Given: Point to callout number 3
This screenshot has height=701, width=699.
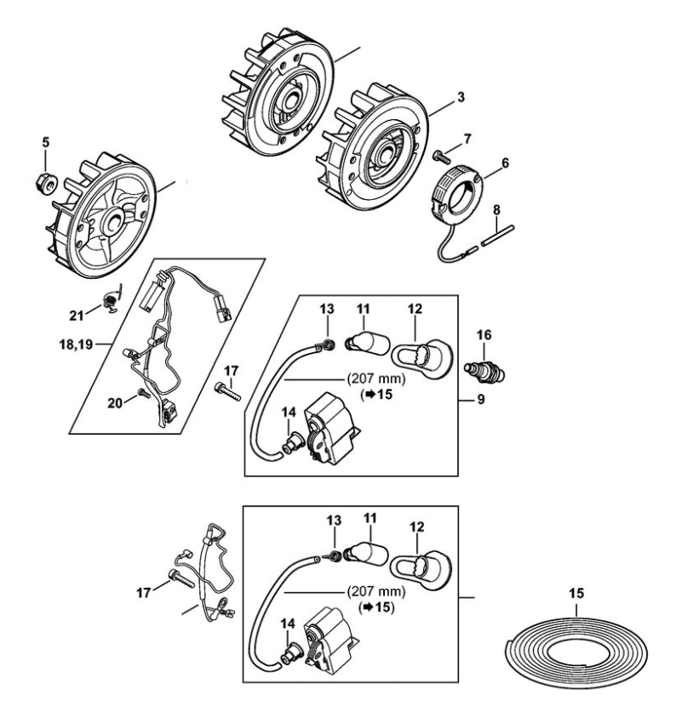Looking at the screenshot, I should coord(461,98).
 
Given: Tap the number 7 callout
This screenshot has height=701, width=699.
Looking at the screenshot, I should coord(467,138).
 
